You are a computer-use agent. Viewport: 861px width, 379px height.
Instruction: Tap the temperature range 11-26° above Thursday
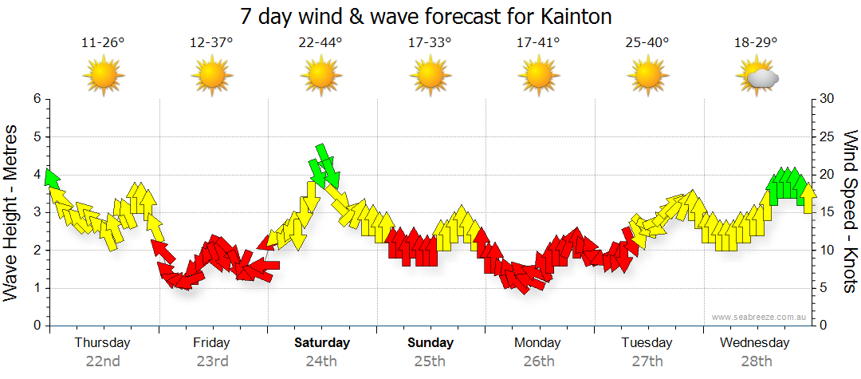(103, 43)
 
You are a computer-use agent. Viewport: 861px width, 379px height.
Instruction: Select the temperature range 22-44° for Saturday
(320, 43)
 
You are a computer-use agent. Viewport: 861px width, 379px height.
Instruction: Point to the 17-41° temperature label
(538, 43)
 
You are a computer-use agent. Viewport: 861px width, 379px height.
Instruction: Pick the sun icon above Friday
(212, 77)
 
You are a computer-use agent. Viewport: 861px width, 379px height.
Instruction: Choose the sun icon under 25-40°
(647, 77)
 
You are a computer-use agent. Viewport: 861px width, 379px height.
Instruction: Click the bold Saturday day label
(322, 343)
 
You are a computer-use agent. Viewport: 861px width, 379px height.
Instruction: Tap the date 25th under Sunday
(430, 361)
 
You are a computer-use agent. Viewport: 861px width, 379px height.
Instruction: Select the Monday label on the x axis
(538, 343)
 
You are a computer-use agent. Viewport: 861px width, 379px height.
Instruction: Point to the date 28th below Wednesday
(756, 361)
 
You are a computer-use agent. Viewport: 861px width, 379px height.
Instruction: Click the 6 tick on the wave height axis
(36, 99)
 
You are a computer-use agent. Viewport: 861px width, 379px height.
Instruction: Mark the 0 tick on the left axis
(36, 326)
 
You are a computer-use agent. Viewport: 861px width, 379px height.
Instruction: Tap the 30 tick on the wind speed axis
(828, 99)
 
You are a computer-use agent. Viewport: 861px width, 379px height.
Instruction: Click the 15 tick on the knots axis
(828, 212)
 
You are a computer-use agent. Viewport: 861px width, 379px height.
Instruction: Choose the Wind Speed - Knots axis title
(850, 211)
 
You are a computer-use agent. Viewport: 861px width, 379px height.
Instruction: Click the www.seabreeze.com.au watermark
(761, 317)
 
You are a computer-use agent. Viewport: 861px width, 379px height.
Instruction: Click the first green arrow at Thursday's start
(52, 178)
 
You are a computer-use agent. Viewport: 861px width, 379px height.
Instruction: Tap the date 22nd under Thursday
(103, 361)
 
